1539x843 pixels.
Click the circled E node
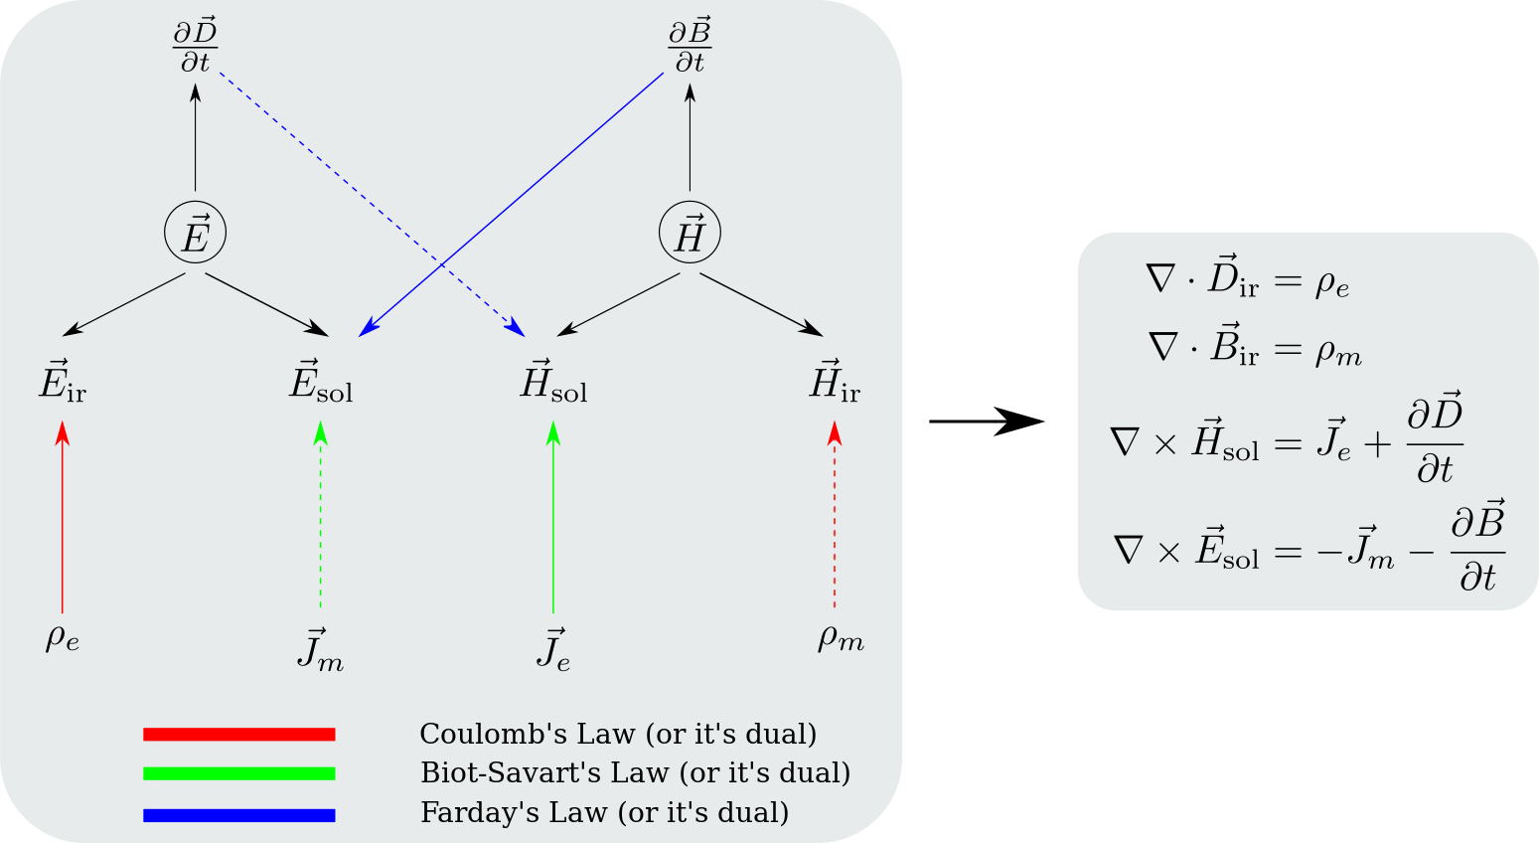tap(195, 234)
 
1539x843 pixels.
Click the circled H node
tap(690, 234)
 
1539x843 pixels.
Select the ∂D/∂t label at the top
tap(195, 47)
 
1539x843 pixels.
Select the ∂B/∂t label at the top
tap(690, 47)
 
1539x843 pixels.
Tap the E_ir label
tap(63, 381)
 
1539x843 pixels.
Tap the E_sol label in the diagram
tap(321, 381)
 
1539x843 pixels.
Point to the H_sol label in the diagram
tap(553, 381)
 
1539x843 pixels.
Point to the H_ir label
tap(835, 381)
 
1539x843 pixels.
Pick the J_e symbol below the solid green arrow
tap(553, 650)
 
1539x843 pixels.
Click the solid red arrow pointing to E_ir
tap(63, 517)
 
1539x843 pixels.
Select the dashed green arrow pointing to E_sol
tap(320, 517)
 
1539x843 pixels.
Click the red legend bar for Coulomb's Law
tap(239, 735)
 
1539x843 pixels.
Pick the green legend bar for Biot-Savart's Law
tap(239, 773)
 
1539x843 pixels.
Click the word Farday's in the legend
tap(464, 813)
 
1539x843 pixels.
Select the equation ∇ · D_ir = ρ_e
tap(1248, 281)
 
